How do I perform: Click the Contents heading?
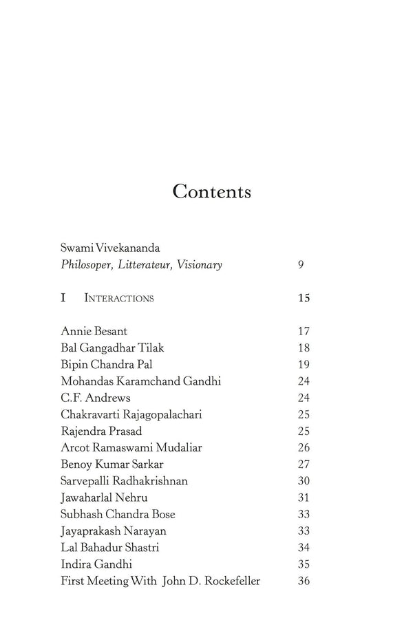211,191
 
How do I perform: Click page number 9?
301,265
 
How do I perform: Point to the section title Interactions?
119,299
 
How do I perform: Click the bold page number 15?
304,299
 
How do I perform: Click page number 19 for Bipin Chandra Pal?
304,365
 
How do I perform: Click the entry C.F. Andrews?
95,398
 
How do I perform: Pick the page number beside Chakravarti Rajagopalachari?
304,415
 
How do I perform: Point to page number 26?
304,448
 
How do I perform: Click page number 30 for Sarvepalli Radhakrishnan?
304,481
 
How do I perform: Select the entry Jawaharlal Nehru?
104,498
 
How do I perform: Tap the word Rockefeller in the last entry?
230,581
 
